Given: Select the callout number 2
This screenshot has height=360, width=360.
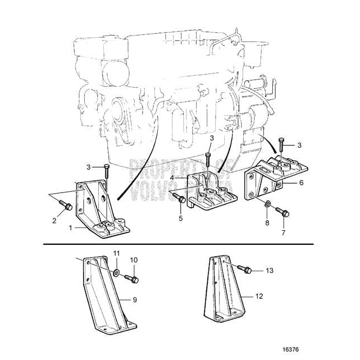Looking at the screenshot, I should coord(55,220).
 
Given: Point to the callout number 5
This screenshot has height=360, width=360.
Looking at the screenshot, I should coord(180,217).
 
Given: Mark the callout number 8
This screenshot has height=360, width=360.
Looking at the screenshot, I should coord(267,222).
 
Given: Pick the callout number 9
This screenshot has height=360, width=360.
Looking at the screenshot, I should coord(134,300).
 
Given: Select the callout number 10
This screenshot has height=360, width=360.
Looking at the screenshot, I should coord(134,260).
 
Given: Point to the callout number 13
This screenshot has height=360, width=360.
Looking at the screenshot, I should coord(270,271).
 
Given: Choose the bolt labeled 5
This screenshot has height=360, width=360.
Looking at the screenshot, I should coord(179,197).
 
